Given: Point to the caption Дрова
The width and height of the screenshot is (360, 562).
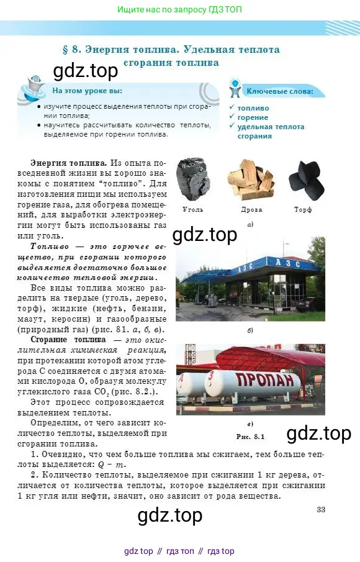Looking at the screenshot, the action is tap(251, 209).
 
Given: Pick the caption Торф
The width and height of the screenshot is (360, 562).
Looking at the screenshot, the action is tap(304, 209).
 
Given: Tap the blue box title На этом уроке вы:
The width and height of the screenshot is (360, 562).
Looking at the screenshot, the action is tap(86, 91).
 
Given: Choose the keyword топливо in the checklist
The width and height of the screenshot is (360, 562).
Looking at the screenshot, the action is tap(253, 107).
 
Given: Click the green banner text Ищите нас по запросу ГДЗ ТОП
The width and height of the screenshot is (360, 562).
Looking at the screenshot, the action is tap(179, 10).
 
